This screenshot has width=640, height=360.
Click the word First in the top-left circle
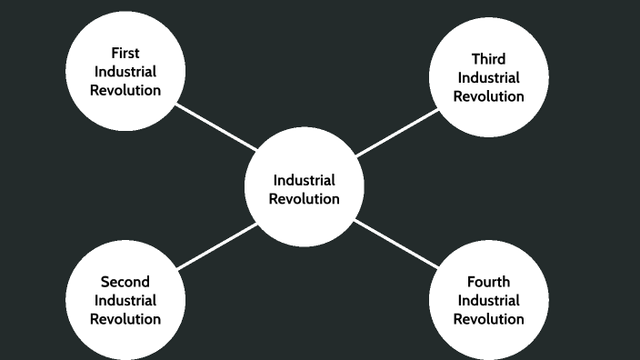click(x=125, y=53)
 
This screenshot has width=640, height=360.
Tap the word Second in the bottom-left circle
click(x=125, y=282)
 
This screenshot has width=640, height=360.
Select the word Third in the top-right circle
click(x=488, y=59)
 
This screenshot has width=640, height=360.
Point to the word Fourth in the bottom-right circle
click(x=488, y=282)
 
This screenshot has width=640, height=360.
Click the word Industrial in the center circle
click(x=305, y=180)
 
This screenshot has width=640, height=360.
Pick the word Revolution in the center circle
click(x=305, y=199)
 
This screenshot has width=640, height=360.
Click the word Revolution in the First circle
click(x=125, y=90)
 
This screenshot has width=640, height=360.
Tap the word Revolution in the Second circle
click(x=125, y=319)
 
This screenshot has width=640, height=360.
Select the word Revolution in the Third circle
click(x=488, y=96)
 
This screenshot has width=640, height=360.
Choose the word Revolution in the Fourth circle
click(x=488, y=319)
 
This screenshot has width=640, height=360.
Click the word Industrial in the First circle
click(x=125, y=71)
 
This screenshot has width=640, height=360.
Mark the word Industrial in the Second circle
click(x=125, y=300)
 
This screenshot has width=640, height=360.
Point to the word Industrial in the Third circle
click(x=488, y=77)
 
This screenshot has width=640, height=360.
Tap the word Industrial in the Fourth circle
click(x=488, y=300)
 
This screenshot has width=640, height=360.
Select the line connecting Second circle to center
click(x=216, y=246)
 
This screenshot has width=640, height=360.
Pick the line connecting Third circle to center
click(x=397, y=133)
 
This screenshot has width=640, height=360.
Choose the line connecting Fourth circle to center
click(x=397, y=244)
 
